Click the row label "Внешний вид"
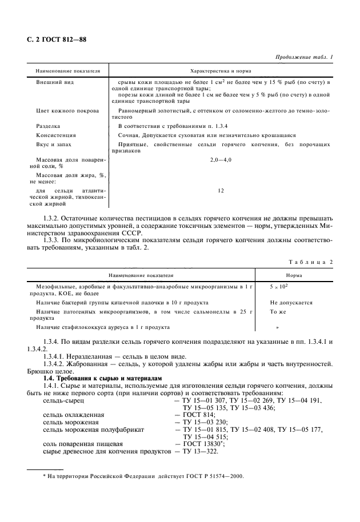(x=55, y=82)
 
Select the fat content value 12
(x=220, y=191)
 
